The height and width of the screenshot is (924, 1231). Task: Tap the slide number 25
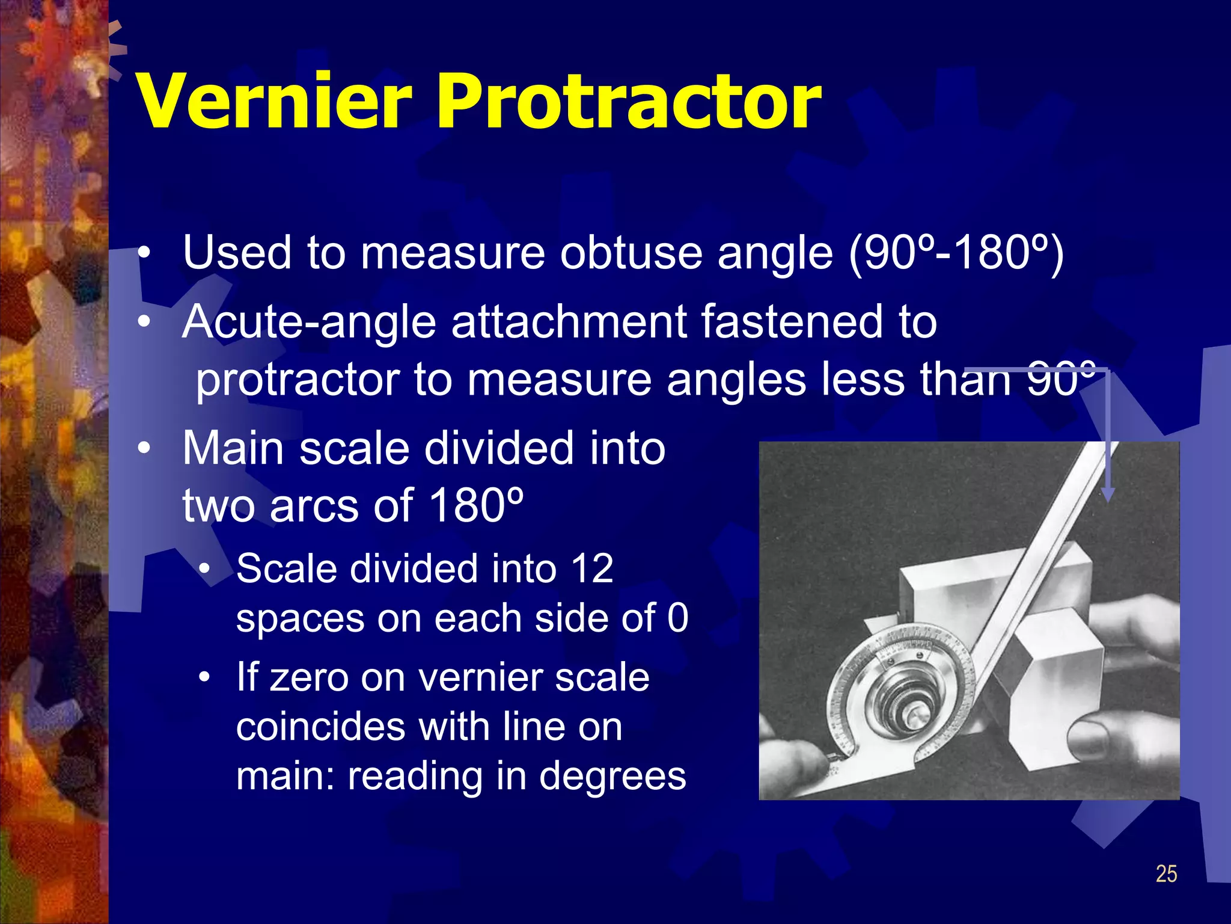(1166, 873)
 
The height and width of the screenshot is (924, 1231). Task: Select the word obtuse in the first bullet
(631, 253)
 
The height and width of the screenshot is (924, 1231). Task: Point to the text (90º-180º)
(956, 253)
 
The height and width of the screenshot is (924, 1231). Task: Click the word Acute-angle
(309, 322)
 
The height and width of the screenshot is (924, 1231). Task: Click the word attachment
(569, 322)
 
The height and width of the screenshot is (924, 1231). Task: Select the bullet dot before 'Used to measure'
(144, 254)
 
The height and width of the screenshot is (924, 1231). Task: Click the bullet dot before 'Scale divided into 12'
(205, 569)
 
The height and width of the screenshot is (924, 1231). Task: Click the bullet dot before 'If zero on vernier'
(205, 678)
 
